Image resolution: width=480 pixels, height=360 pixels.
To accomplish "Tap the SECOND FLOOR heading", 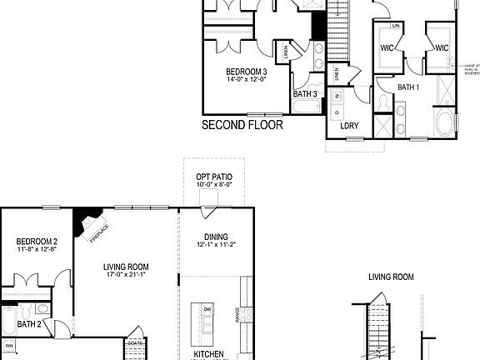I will tap(242, 126).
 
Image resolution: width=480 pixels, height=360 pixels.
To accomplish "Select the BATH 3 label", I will tap(305, 94).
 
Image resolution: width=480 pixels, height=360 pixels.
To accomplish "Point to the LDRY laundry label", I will tap(350, 126).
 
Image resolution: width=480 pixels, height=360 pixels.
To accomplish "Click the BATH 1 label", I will tap(407, 87).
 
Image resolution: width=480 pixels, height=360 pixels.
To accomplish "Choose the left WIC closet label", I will tap(387, 48).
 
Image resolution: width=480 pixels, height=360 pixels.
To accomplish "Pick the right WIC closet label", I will tap(442, 48).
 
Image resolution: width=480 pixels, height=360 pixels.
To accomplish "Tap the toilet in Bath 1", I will tap(382, 102).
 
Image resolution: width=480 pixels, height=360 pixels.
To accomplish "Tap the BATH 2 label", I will tap(30, 324).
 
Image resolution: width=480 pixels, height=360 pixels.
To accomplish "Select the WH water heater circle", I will tap(10, 345).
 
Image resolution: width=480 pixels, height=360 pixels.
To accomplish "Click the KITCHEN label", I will tap(209, 354).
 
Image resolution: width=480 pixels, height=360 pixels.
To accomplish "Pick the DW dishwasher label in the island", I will tap(207, 309).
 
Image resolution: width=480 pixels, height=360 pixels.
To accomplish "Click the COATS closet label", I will tap(135, 342).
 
